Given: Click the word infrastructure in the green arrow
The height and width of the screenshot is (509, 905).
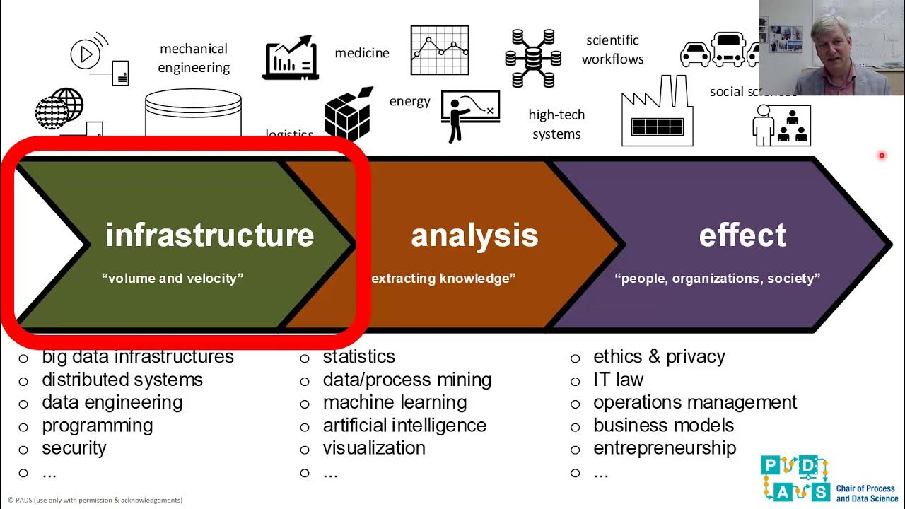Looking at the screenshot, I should click(209, 235).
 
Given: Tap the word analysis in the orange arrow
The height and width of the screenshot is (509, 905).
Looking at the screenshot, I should click(474, 235).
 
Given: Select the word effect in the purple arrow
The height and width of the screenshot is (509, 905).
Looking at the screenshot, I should click(742, 235).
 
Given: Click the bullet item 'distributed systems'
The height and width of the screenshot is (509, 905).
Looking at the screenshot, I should click(122, 380).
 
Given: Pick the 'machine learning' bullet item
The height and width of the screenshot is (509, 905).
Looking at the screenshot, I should click(395, 402).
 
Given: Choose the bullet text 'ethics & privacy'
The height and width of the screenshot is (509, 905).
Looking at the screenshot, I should click(659, 356).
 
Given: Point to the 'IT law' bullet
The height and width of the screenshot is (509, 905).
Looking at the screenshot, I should click(618, 380).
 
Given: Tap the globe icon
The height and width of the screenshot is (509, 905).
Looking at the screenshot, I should click(59, 108).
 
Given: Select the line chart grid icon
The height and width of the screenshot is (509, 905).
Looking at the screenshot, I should click(440, 50).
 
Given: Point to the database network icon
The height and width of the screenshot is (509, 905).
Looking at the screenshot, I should click(533, 58).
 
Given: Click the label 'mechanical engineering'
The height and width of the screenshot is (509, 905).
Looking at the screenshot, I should click(194, 58).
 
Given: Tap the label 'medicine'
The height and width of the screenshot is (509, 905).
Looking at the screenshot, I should click(362, 53).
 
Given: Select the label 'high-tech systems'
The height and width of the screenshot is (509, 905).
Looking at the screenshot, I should click(556, 124).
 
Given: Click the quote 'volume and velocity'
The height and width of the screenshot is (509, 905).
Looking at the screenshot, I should click(173, 279).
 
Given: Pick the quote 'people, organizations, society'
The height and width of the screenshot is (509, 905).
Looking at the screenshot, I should click(718, 279).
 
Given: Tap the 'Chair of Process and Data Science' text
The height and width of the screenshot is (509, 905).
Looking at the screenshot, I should click(867, 493).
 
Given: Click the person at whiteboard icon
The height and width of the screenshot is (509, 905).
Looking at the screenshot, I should click(470, 115).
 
